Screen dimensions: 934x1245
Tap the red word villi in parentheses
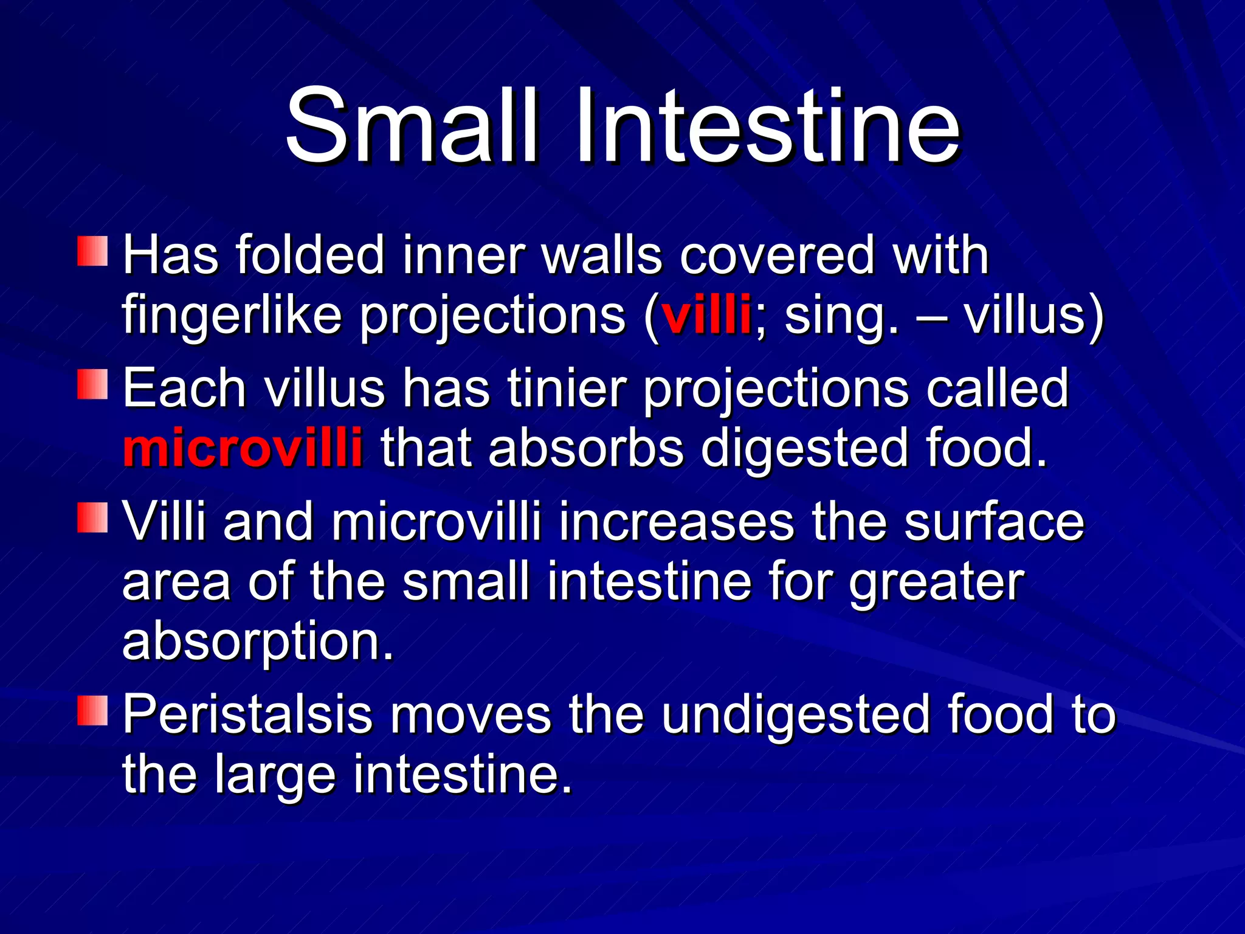point(706,316)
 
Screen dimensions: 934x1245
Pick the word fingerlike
point(232,316)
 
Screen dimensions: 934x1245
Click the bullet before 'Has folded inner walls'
point(92,252)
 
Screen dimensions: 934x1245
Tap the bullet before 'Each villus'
point(92,385)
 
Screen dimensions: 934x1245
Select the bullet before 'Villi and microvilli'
point(92,518)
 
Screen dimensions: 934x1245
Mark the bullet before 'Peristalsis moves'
point(92,711)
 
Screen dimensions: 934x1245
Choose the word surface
point(993,522)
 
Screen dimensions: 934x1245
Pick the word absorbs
point(586,448)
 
